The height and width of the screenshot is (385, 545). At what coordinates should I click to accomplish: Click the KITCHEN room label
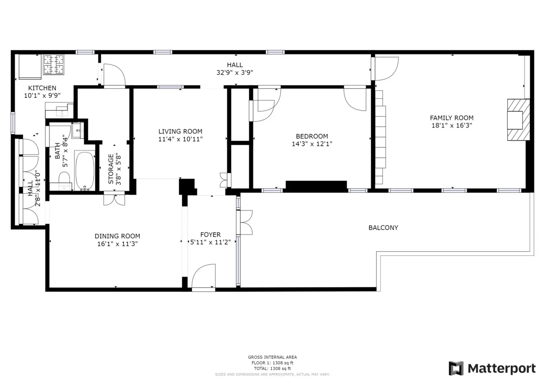(x=42, y=88)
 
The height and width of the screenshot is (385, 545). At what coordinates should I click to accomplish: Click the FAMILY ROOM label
(x=451, y=118)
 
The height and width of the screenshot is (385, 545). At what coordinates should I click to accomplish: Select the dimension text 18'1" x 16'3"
(x=451, y=126)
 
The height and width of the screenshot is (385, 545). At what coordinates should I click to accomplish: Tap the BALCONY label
(x=383, y=228)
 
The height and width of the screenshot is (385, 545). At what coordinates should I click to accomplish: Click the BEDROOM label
(x=312, y=136)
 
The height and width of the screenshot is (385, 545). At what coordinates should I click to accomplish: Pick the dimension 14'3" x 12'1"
(x=312, y=144)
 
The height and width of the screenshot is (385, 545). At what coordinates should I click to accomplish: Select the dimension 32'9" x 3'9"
(x=235, y=73)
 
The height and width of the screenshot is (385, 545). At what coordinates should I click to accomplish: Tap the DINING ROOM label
(x=117, y=236)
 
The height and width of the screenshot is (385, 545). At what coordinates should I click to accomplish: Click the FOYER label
(x=210, y=234)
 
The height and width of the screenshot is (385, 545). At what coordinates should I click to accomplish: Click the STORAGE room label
(x=111, y=169)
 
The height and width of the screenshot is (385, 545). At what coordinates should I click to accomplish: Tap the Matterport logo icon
(x=456, y=368)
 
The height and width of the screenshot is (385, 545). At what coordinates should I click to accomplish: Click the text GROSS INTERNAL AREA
(x=272, y=357)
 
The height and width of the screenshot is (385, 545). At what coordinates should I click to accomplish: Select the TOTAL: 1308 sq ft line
(x=272, y=369)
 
